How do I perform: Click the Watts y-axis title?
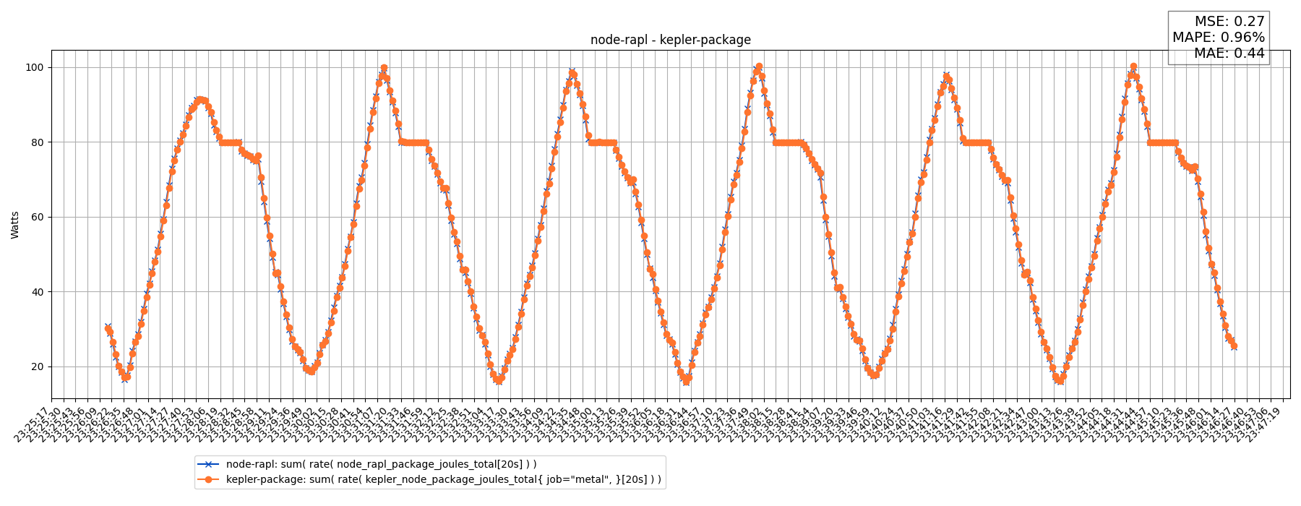(x=15, y=225)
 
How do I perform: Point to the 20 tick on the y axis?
(x=36, y=367)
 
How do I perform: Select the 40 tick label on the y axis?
(x=36, y=292)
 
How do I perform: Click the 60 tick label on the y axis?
(x=36, y=217)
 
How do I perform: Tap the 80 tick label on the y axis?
(x=36, y=142)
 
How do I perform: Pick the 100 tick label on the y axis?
(x=34, y=67)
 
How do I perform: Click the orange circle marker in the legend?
(x=210, y=479)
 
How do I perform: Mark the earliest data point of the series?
(x=108, y=328)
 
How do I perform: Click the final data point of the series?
(x=1234, y=346)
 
